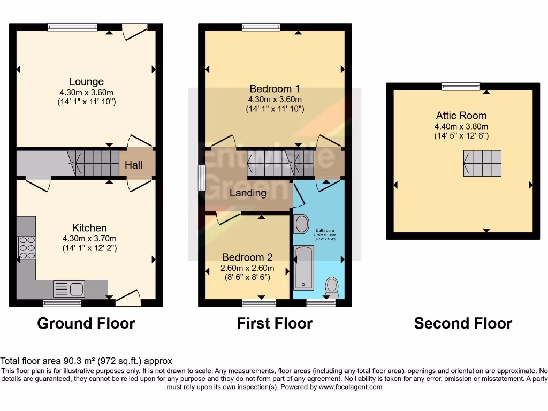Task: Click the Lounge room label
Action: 87,82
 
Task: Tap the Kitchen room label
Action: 90,228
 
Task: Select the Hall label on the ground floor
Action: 134,165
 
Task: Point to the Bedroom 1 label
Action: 275,89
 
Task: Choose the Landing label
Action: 248,193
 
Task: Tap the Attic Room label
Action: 461,116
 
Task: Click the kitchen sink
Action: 69,289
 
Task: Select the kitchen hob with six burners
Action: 27,248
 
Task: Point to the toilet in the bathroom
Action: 332,287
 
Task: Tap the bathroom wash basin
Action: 302,223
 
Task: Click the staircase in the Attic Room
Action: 483,163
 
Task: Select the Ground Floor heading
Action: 86,323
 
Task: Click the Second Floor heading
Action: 463,323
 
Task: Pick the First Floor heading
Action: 275,323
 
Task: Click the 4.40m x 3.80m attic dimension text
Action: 461,127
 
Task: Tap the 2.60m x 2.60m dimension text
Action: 248,268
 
